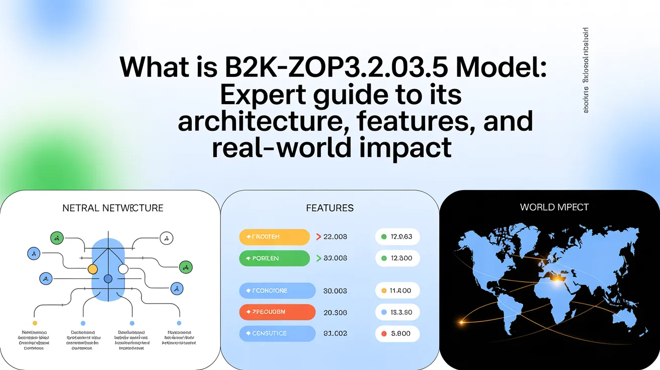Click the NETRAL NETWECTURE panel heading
click(x=113, y=208)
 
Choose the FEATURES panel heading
click(x=329, y=208)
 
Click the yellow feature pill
click(x=274, y=237)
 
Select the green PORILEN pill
click(x=274, y=258)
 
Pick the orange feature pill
click(x=277, y=312)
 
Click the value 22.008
click(x=335, y=237)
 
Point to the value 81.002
click(x=335, y=333)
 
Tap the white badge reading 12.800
click(x=397, y=258)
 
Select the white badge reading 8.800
click(x=397, y=333)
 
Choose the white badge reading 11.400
click(x=397, y=291)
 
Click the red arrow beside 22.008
click(x=318, y=237)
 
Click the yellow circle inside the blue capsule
click(x=93, y=269)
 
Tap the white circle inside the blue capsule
click(x=123, y=269)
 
